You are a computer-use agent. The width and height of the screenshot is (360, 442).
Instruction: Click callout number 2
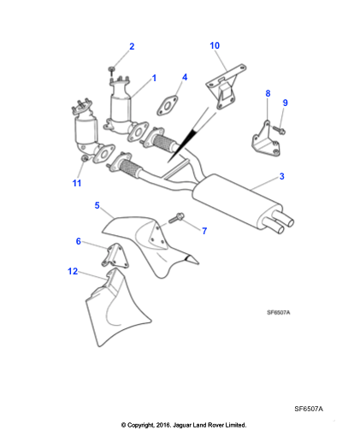[x=132, y=46]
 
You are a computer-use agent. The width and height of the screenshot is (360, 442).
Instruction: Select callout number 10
[x=215, y=45]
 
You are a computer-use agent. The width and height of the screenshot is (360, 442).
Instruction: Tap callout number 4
[x=185, y=77]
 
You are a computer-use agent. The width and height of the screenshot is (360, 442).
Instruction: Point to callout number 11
[x=77, y=183]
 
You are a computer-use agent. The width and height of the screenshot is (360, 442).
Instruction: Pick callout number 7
[x=204, y=231]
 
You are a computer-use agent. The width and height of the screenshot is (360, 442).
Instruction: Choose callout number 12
[x=73, y=271]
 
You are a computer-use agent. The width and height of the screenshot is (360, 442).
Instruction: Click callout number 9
[x=285, y=103]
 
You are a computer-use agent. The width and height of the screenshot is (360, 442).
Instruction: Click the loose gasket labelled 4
[x=168, y=105]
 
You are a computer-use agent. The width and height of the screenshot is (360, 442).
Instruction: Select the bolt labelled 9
[x=279, y=131]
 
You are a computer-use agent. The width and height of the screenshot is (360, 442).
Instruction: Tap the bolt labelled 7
[x=176, y=218]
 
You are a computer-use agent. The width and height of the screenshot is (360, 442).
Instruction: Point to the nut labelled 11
[x=85, y=158]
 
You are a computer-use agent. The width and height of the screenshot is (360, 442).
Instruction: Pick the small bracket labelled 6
[x=115, y=256]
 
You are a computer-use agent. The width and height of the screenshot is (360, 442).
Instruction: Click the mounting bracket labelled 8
[x=265, y=141]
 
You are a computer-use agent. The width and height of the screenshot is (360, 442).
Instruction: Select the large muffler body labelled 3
[x=237, y=201]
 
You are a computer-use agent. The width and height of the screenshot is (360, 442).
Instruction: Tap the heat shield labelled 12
[x=114, y=308]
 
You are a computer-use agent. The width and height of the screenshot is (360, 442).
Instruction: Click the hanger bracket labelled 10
[x=226, y=87]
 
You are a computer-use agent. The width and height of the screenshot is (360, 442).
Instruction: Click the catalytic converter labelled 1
[x=121, y=109]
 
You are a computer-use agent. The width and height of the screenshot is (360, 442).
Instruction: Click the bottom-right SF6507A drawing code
[x=309, y=409]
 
